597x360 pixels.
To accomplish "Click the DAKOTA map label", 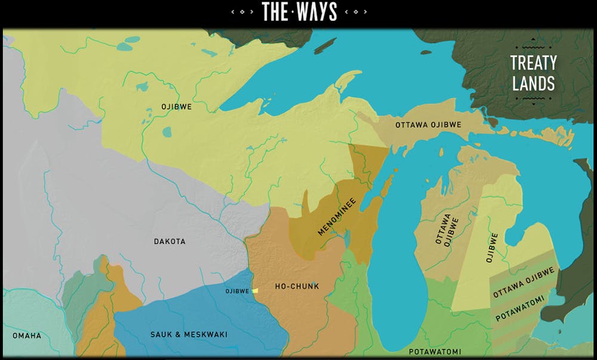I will point(170,242).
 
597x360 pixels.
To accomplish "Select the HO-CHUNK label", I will point(297,287).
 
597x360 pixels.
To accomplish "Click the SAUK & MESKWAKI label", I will point(189,334).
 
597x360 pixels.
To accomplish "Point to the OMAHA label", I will point(27,336).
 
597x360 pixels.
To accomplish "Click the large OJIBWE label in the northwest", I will point(176,107).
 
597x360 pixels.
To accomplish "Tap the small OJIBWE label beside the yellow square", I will point(237,291).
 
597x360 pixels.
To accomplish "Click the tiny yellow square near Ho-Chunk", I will point(255,291).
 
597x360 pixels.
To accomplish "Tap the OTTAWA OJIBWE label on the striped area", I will point(524,282).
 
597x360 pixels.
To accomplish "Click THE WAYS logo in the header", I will point(299,11).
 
